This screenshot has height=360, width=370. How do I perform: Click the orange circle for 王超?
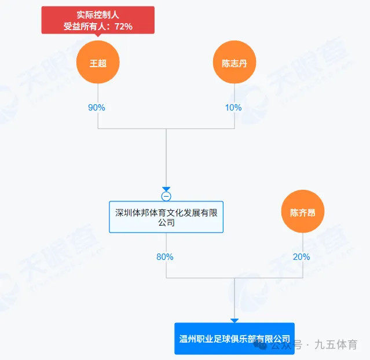point(98,63)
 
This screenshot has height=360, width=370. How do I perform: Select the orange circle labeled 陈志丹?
point(235,63)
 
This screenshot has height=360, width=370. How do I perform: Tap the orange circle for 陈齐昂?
point(303,211)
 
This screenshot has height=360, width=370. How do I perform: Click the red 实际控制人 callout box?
point(98,20)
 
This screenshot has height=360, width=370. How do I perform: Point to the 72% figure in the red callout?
point(124,26)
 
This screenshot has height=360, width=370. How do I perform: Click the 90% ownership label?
point(97,108)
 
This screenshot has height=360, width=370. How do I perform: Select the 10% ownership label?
point(233,108)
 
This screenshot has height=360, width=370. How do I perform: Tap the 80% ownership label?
point(165,256)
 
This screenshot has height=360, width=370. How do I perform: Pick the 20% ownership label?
point(301,256)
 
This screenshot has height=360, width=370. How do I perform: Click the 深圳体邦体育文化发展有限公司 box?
point(166,217)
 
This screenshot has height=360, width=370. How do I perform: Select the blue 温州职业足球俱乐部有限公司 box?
point(235,338)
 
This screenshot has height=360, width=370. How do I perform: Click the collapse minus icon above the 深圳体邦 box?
point(166,196)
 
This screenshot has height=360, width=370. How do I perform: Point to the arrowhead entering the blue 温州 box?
point(235,320)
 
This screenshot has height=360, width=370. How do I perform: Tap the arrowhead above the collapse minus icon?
point(166,189)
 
